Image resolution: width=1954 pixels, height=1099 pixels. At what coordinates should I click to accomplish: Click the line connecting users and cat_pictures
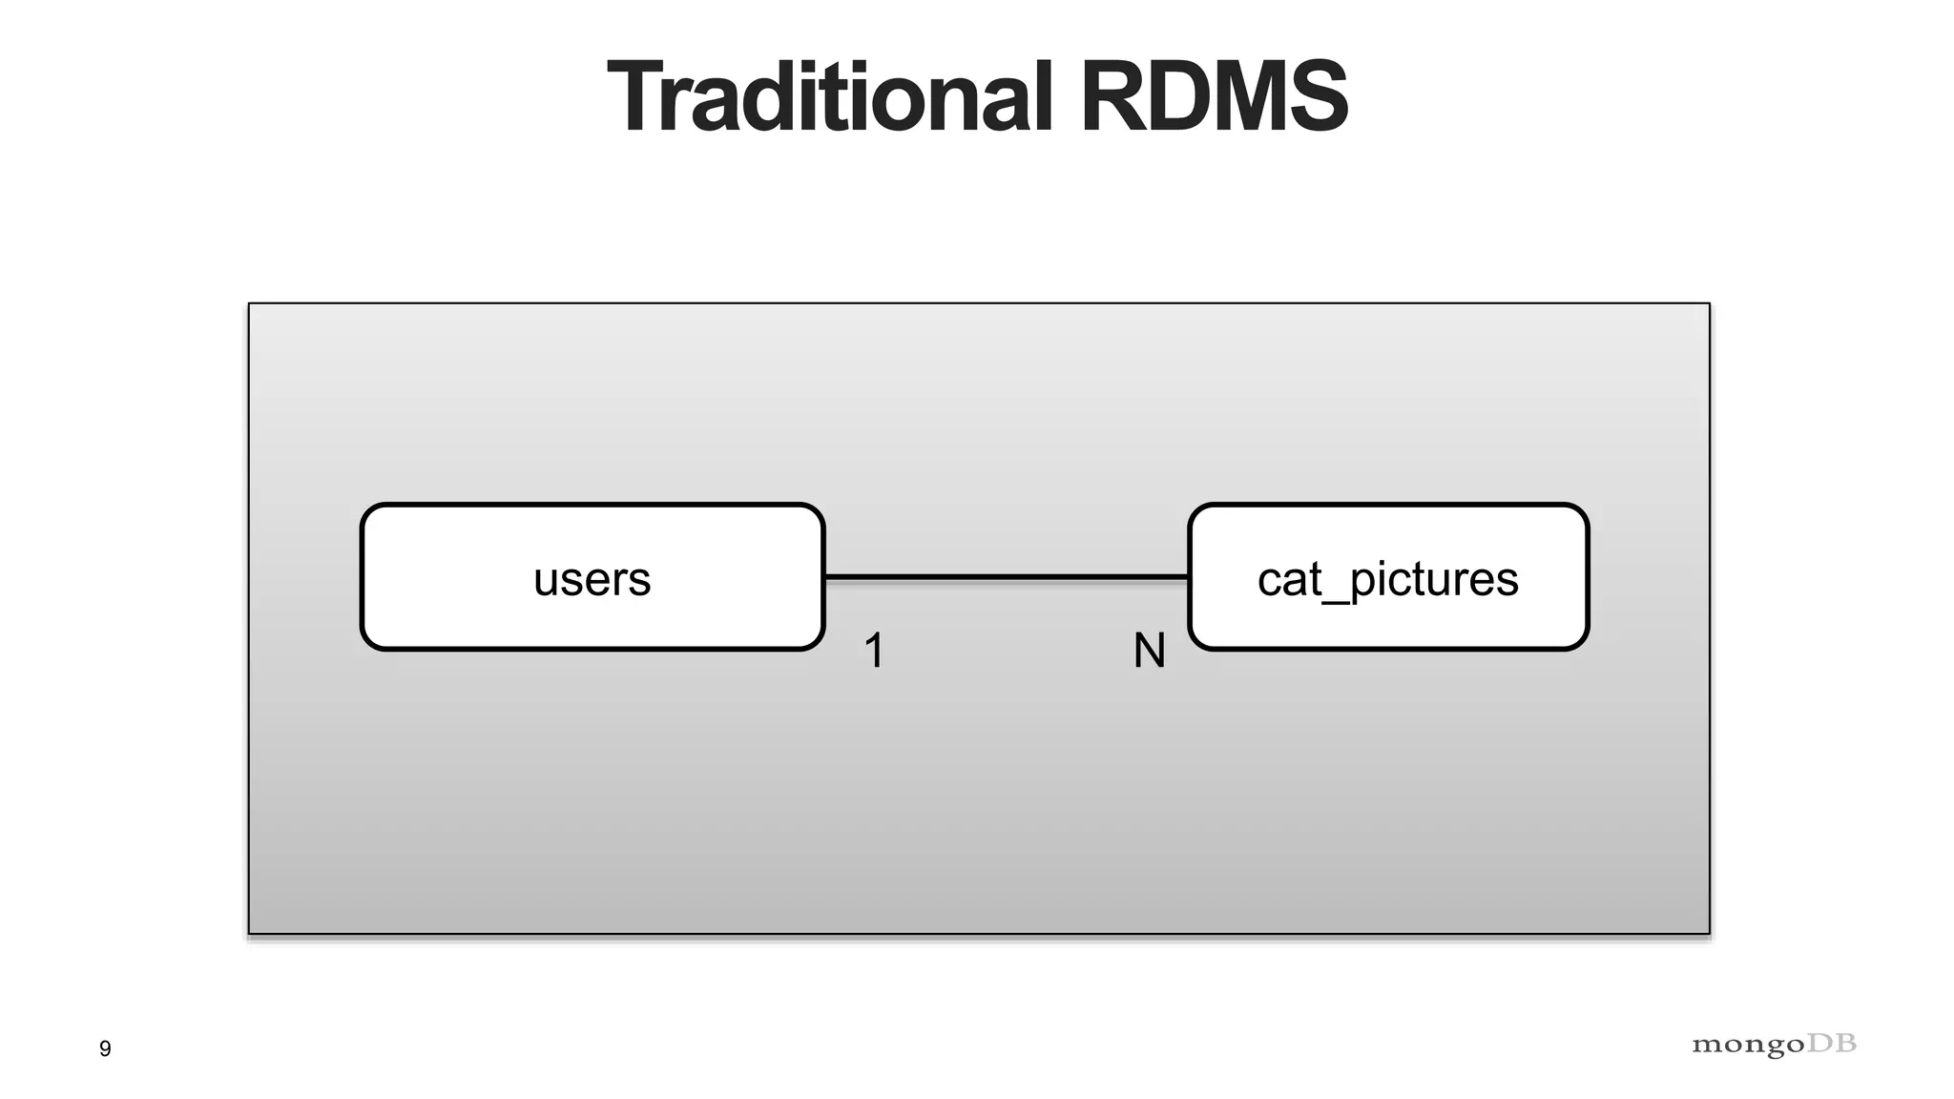(1007, 577)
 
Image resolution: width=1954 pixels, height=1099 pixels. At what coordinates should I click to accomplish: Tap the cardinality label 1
(874, 652)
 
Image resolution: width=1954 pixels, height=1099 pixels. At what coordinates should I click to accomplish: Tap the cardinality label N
(1149, 652)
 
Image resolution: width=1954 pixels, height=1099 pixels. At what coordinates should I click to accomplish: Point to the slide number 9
(105, 1048)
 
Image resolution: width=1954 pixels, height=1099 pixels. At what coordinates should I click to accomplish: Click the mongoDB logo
(1774, 1045)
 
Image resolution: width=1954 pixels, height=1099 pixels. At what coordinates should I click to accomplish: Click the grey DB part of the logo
(1832, 1044)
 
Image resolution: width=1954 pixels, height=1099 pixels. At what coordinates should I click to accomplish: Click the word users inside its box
(592, 579)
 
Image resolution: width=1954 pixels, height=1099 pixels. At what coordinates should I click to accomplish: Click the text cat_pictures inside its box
(1387, 579)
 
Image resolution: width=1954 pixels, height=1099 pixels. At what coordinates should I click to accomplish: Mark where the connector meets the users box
(825, 577)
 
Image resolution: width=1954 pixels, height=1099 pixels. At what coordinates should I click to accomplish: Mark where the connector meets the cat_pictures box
(1188, 577)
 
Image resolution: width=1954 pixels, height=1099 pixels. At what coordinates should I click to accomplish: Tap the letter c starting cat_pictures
(1270, 581)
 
